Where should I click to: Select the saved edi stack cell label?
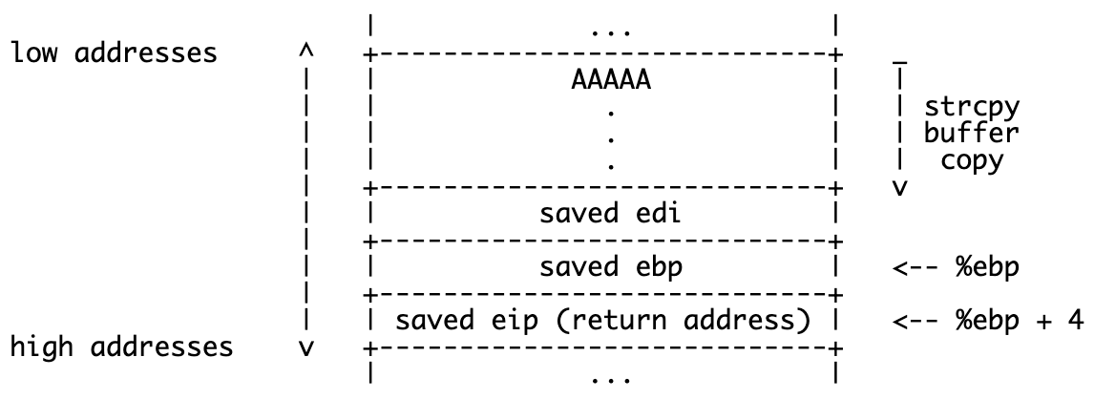pyautogui.click(x=610, y=214)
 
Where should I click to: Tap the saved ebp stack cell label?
pyautogui.click(x=610, y=267)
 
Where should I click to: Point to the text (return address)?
pyautogui.click(x=671, y=320)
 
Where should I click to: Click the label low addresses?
pyautogui.click(x=114, y=52)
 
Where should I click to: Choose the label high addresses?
pyautogui.click(x=121, y=346)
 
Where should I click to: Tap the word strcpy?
pyautogui.click(x=971, y=105)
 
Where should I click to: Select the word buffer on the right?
pyautogui.click(x=971, y=132)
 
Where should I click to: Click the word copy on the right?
pyautogui.click(x=971, y=159)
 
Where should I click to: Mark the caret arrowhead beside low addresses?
pyautogui.click(x=305, y=48)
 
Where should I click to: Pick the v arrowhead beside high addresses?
pyautogui.click(x=305, y=347)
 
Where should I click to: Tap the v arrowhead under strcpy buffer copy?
pyautogui.click(x=898, y=187)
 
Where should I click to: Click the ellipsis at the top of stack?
pyautogui.click(x=610, y=31)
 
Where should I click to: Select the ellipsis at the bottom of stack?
pyautogui.click(x=610, y=378)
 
